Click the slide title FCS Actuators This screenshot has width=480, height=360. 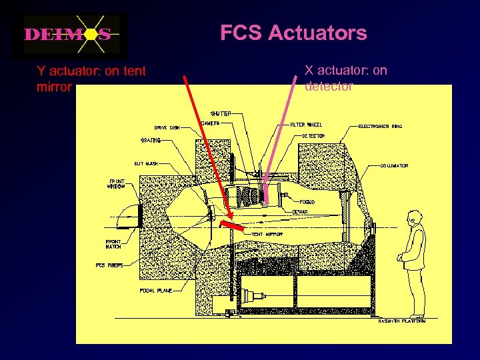point(293,33)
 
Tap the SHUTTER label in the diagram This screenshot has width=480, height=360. point(221,113)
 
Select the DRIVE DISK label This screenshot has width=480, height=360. point(167,127)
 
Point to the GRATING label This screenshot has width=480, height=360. point(150,141)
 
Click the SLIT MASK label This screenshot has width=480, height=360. point(147,163)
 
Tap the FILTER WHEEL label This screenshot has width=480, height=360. point(307,125)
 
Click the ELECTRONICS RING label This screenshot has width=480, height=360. point(381,126)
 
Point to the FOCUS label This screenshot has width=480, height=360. point(307,201)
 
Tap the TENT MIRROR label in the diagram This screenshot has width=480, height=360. point(267,235)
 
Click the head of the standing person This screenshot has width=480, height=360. point(414,217)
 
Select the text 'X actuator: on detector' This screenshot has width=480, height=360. point(345,78)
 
